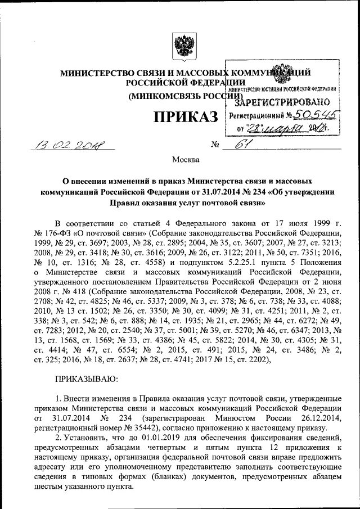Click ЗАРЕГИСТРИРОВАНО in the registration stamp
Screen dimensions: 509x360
tap(281, 102)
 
